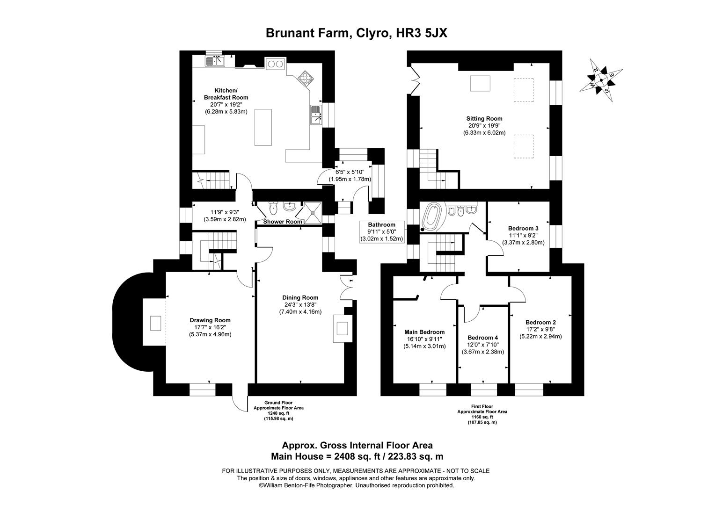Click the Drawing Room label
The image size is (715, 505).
[x=210, y=320]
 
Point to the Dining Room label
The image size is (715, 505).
[x=300, y=297]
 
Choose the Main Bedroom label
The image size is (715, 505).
[x=424, y=332]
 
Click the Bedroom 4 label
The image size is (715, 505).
[x=482, y=338]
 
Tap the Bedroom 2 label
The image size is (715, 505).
[x=540, y=322]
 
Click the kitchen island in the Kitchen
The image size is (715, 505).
[x=263, y=127]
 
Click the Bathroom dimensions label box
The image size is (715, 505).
[x=381, y=231]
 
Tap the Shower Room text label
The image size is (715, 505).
[x=282, y=222]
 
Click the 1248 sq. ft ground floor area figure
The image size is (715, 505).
[x=278, y=413]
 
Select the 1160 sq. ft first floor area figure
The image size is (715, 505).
[x=482, y=417]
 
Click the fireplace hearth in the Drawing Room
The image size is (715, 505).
[x=155, y=323]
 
